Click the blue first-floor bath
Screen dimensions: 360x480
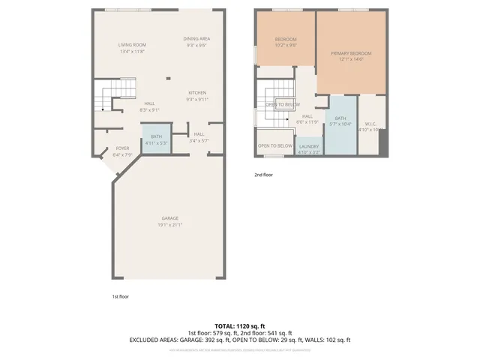pyautogui.click(x=156, y=139)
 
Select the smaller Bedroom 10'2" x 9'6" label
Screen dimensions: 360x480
pyautogui.click(x=285, y=42)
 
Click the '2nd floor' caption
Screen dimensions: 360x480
pyautogui.click(x=263, y=175)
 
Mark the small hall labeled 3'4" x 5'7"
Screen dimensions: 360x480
pyautogui.click(x=199, y=137)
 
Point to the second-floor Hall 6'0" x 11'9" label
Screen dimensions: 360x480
pyautogui.click(x=307, y=119)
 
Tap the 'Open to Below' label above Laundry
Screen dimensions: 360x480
pyautogui.click(x=275, y=145)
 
